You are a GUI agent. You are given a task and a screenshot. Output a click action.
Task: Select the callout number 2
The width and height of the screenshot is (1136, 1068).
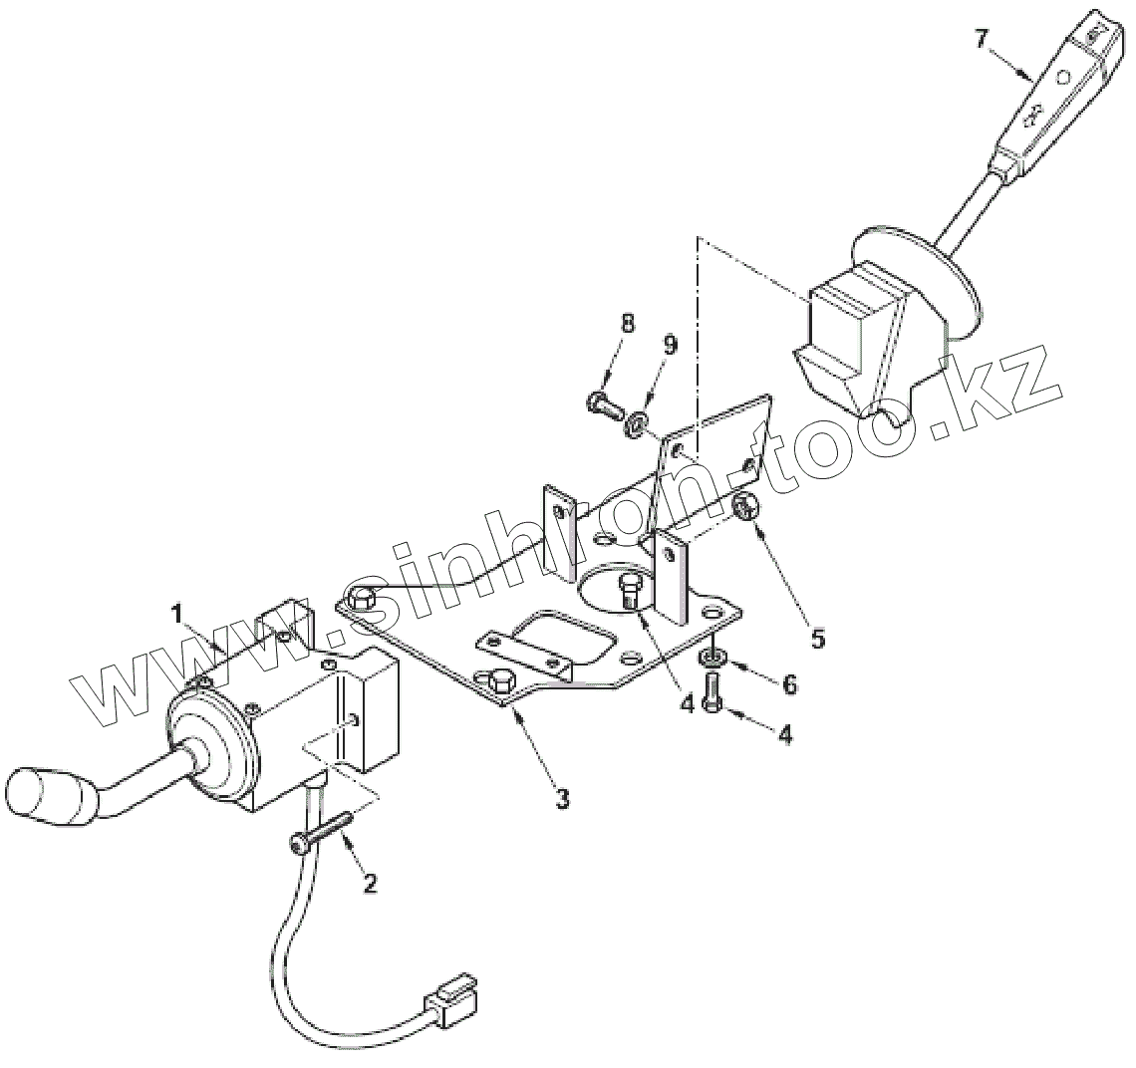pos(370,883)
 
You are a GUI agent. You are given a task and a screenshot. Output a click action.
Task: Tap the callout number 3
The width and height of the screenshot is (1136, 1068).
pos(563,798)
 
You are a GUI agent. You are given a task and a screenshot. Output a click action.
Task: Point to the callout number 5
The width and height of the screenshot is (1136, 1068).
pos(818,639)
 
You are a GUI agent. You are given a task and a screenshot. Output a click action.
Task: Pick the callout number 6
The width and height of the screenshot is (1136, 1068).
pos(789,684)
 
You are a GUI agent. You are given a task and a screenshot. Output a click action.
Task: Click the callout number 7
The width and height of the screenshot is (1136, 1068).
pos(982,40)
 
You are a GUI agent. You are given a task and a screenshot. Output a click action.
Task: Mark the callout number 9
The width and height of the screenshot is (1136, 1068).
pos(669,345)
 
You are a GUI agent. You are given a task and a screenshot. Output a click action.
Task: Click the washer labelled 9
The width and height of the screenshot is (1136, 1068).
pos(634,426)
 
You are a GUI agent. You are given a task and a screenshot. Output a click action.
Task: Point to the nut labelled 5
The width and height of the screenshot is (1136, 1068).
pos(744,508)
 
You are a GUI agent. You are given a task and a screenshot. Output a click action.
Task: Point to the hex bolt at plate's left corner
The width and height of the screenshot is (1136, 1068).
pos(361,599)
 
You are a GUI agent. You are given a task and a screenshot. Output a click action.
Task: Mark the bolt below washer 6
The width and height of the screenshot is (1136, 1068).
pos(711,691)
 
